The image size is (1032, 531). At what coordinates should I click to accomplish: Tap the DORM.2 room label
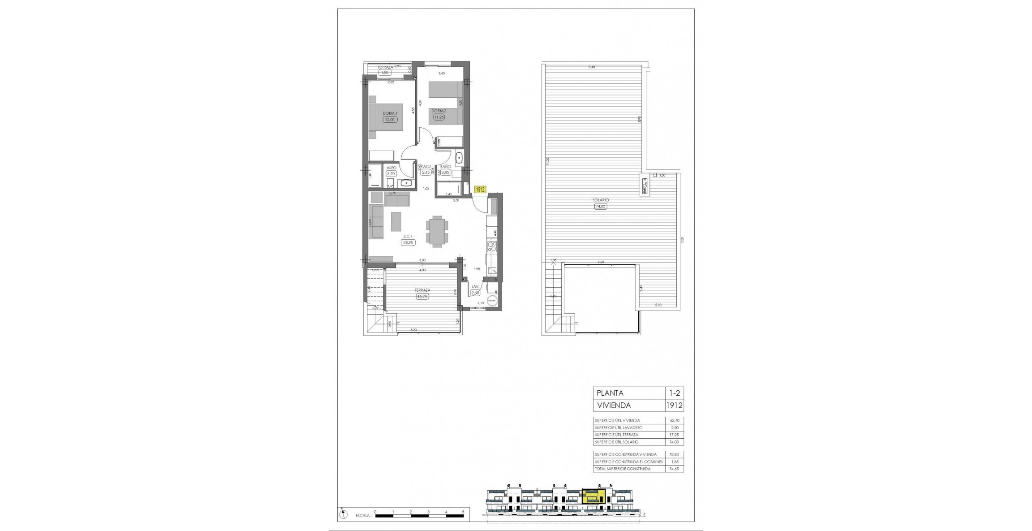tap(439, 111)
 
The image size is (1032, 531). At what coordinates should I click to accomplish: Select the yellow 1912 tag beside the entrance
tap(480, 190)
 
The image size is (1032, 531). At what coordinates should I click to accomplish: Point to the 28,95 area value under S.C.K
tap(408, 242)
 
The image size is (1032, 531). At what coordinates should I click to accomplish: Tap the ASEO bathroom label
tap(391, 168)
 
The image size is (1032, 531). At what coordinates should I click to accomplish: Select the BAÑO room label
tap(445, 166)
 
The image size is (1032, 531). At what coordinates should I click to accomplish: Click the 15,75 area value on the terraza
tap(422, 296)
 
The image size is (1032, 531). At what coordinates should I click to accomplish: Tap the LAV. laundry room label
tap(475, 287)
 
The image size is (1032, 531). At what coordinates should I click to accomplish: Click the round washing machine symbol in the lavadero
tap(492, 301)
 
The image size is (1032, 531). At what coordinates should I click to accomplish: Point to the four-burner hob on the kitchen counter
tap(492, 246)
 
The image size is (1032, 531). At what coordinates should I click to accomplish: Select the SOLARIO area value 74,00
tap(600, 207)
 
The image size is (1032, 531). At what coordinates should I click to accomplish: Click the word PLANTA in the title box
tap(610, 393)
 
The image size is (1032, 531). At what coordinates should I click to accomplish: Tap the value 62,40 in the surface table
tap(674, 421)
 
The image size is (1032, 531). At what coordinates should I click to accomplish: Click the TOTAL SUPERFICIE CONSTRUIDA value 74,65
tap(674, 469)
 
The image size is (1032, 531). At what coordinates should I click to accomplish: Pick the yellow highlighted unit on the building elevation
tap(593, 496)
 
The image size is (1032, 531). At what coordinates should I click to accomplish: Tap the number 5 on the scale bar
tap(463, 512)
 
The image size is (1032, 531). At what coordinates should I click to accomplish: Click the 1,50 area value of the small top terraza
tap(384, 72)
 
